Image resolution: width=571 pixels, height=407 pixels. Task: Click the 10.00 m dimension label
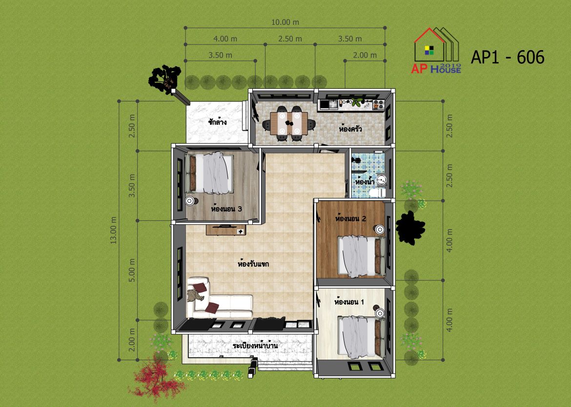285,22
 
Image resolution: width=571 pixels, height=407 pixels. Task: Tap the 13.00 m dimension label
114,230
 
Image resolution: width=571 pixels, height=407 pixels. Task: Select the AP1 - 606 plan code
508,57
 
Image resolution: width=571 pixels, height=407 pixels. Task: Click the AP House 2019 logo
436,51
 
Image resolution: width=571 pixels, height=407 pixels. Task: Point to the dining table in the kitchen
289,123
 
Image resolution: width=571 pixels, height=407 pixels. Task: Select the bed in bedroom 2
362,256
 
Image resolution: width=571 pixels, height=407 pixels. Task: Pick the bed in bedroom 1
362,336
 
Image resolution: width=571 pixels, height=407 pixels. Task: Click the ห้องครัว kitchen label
350,129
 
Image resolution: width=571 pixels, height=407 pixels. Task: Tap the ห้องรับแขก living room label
253,263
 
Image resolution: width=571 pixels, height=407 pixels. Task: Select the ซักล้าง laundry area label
217,122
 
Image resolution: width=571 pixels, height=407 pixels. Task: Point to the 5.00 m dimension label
132,270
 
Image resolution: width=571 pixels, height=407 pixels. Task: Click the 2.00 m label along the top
365,55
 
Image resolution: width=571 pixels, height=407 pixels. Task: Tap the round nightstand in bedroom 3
190,201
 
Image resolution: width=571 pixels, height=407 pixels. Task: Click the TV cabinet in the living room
226,230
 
